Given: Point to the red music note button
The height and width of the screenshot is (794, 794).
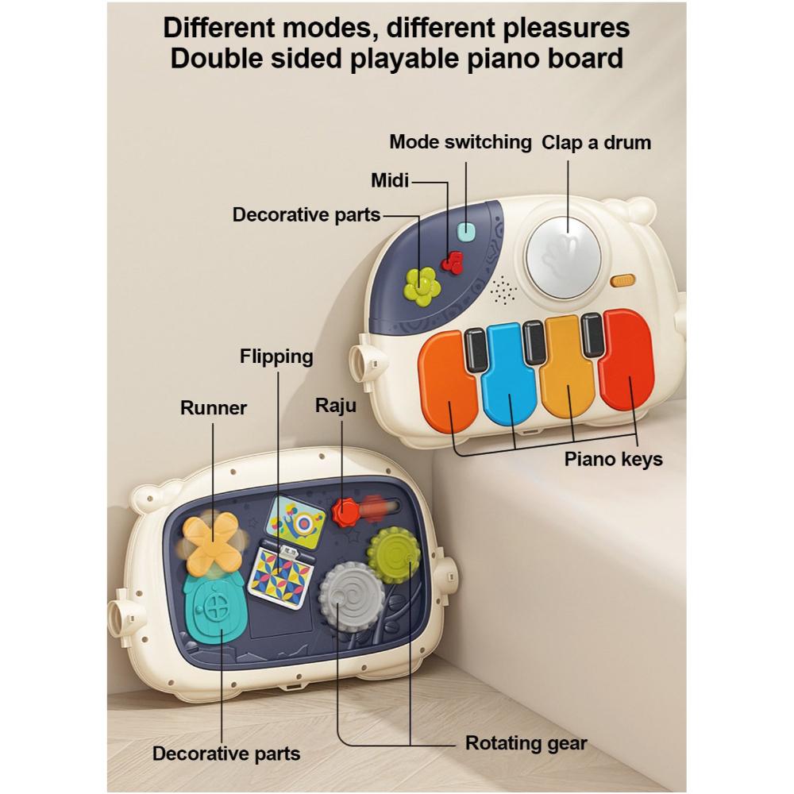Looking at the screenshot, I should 454,261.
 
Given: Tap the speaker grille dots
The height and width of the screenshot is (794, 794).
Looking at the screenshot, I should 502,291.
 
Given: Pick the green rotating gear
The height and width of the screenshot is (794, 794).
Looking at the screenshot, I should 395,554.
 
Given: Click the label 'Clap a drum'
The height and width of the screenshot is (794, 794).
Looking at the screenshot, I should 595,143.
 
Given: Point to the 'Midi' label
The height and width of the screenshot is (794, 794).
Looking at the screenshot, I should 390,181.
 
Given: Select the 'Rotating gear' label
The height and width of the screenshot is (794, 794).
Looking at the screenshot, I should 526,744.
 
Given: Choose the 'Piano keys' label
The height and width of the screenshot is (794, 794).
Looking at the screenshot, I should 613,459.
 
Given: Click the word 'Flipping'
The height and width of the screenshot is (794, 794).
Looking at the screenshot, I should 276,357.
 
